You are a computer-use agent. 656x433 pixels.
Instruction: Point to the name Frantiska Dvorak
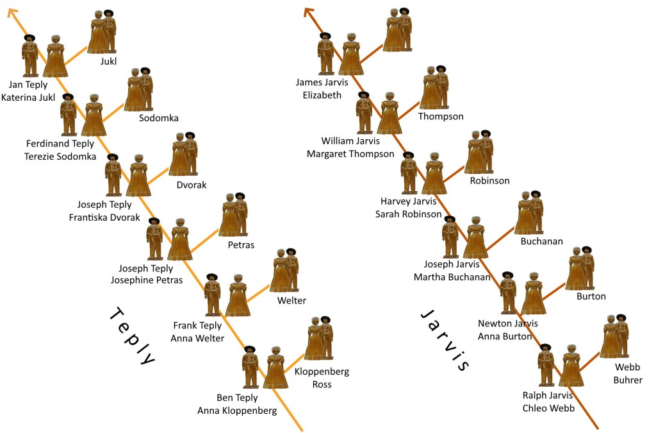(104, 217)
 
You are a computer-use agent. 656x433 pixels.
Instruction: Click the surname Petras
(241, 245)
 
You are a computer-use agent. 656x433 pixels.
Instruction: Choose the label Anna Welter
(197, 339)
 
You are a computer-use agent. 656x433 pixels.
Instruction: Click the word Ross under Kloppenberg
(322, 384)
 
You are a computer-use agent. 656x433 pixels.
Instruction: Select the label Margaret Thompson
(350, 154)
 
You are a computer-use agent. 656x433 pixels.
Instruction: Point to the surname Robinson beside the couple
(489, 181)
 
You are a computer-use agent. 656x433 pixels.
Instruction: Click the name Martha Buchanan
(452, 277)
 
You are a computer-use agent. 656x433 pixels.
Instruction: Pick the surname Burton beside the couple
(591, 296)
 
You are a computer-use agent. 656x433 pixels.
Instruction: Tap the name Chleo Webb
(548, 408)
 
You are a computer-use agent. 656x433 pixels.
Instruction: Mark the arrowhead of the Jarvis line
(309, 11)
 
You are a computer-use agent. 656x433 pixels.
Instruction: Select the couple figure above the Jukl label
(102, 32)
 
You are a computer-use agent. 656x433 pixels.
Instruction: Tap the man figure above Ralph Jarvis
(545, 365)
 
